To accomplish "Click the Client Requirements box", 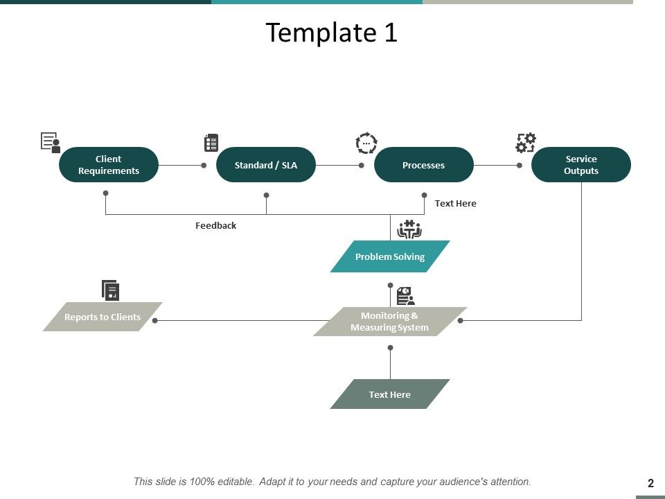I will point(109,165).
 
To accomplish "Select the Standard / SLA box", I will point(266,165).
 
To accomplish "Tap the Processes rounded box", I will point(423,165).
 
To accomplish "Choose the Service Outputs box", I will point(580,165).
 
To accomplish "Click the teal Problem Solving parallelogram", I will point(390,256).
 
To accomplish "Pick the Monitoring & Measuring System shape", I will point(390,322).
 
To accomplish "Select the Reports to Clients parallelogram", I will point(103,317).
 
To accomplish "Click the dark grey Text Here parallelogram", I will point(390,394).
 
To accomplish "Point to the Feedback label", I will point(215,225).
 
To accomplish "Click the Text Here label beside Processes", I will point(455,203).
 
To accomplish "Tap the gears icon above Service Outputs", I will point(526,143).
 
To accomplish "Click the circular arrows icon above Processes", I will point(366,143).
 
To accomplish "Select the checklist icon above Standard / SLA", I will point(211,143).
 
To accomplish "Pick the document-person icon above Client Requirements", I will point(51,143).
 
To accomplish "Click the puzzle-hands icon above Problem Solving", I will point(409,229).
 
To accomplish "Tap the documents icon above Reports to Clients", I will point(111,290).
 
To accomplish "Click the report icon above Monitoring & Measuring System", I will point(405,296).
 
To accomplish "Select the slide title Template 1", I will point(332,33).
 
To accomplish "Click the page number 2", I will point(650,483).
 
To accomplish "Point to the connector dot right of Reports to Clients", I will point(155,321).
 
